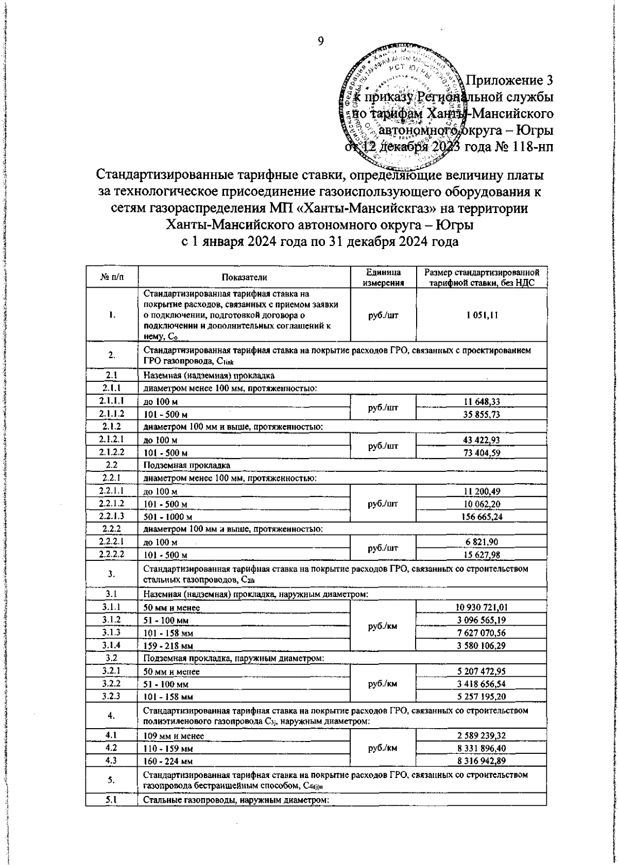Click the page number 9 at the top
320,42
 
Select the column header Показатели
244,277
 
